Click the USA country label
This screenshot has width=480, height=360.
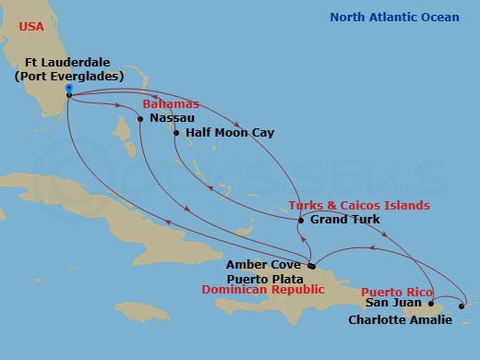[x=32, y=27]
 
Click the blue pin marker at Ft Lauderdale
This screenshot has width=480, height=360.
[x=70, y=90]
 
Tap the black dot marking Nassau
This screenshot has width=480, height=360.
[x=140, y=119]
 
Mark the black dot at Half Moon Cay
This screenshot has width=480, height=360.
[x=176, y=133]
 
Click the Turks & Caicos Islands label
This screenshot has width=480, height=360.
[x=359, y=205]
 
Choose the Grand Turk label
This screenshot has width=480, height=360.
[x=345, y=220]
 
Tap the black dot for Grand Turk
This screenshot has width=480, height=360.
[x=301, y=220]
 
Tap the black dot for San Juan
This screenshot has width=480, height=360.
[x=431, y=302]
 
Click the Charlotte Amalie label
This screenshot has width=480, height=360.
[x=401, y=319]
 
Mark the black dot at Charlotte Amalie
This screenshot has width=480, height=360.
[x=462, y=306]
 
